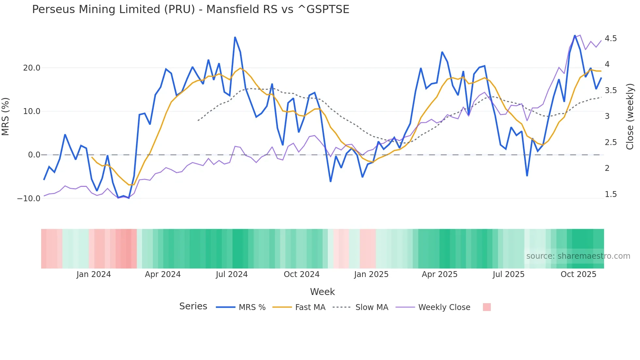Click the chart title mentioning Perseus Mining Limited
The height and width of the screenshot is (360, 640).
pyautogui.click(x=191, y=9)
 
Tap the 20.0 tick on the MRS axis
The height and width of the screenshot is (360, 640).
pyautogui.click(x=32, y=68)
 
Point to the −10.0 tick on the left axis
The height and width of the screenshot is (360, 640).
pyautogui.click(x=29, y=199)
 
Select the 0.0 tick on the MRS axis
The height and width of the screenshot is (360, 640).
pyautogui.click(x=34, y=155)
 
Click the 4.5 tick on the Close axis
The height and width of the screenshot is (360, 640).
pyautogui.click(x=611, y=39)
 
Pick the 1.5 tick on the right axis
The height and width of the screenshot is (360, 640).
pyautogui.click(x=611, y=194)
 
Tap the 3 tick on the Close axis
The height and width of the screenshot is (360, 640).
pyautogui.click(x=607, y=116)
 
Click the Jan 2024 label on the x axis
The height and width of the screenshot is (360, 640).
pyautogui.click(x=94, y=274)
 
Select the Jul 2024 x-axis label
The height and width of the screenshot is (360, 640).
pyautogui.click(x=232, y=274)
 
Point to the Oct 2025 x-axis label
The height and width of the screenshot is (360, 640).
pyautogui.click(x=578, y=274)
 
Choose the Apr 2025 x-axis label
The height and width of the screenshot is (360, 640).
pyautogui.click(x=440, y=274)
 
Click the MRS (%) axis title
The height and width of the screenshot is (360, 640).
pyautogui.click(x=6, y=116)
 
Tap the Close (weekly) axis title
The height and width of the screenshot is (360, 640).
pyautogui.click(x=630, y=116)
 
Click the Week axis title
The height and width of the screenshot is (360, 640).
pyautogui.click(x=322, y=292)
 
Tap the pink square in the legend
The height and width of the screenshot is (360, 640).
pyautogui.click(x=487, y=307)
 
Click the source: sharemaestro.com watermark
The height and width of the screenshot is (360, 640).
pyautogui.click(x=578, y=256)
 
